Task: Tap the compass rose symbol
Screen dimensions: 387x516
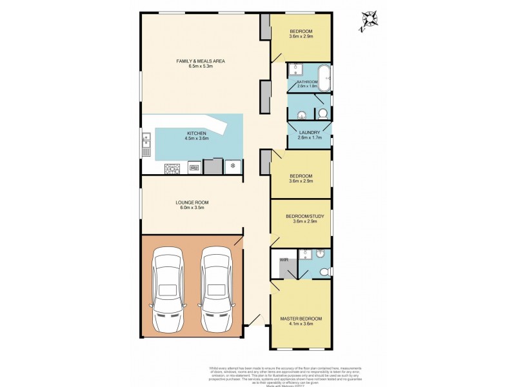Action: point(370,20)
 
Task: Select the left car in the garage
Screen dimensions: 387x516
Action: point(168,288)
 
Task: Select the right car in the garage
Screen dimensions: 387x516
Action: point(215,288)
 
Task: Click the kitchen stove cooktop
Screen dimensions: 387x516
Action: point(173,168)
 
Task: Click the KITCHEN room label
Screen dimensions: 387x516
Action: point(196,133)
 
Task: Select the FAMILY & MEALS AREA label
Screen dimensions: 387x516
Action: point(200,61)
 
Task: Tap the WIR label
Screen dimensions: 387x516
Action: point(283,259)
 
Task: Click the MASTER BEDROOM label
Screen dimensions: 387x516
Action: point(301,319)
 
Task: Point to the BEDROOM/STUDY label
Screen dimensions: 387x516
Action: point(301,216)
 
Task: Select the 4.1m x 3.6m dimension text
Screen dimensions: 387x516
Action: point(301,324)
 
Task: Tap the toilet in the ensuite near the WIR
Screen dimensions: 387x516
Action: point(324,270)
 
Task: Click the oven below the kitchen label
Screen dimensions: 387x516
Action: point(193,168)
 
